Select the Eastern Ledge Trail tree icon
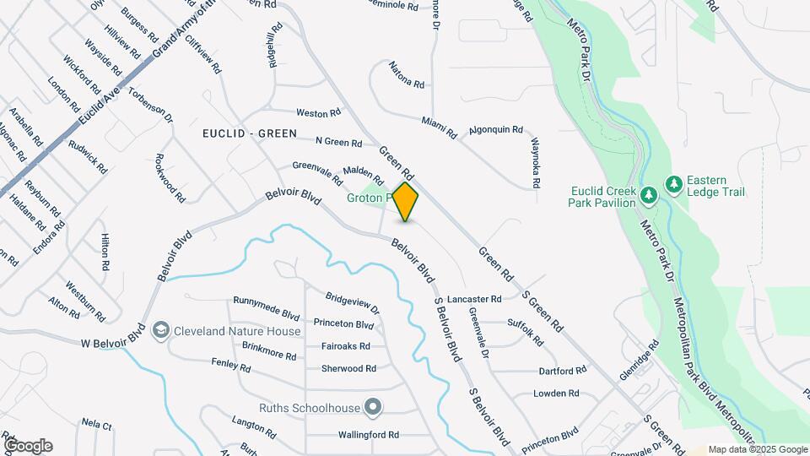coord(673,183)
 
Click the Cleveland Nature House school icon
coord(161,331)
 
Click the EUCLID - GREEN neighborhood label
coord(250,133)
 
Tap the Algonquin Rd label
coord(496,131)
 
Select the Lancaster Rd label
coord(474,299)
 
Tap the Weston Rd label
coord(318,112)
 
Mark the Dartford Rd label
coord(562,371)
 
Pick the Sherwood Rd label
coord(348,369)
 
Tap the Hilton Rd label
coord(105,252)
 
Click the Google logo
coord(28,446)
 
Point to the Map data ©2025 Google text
coord(758,450)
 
